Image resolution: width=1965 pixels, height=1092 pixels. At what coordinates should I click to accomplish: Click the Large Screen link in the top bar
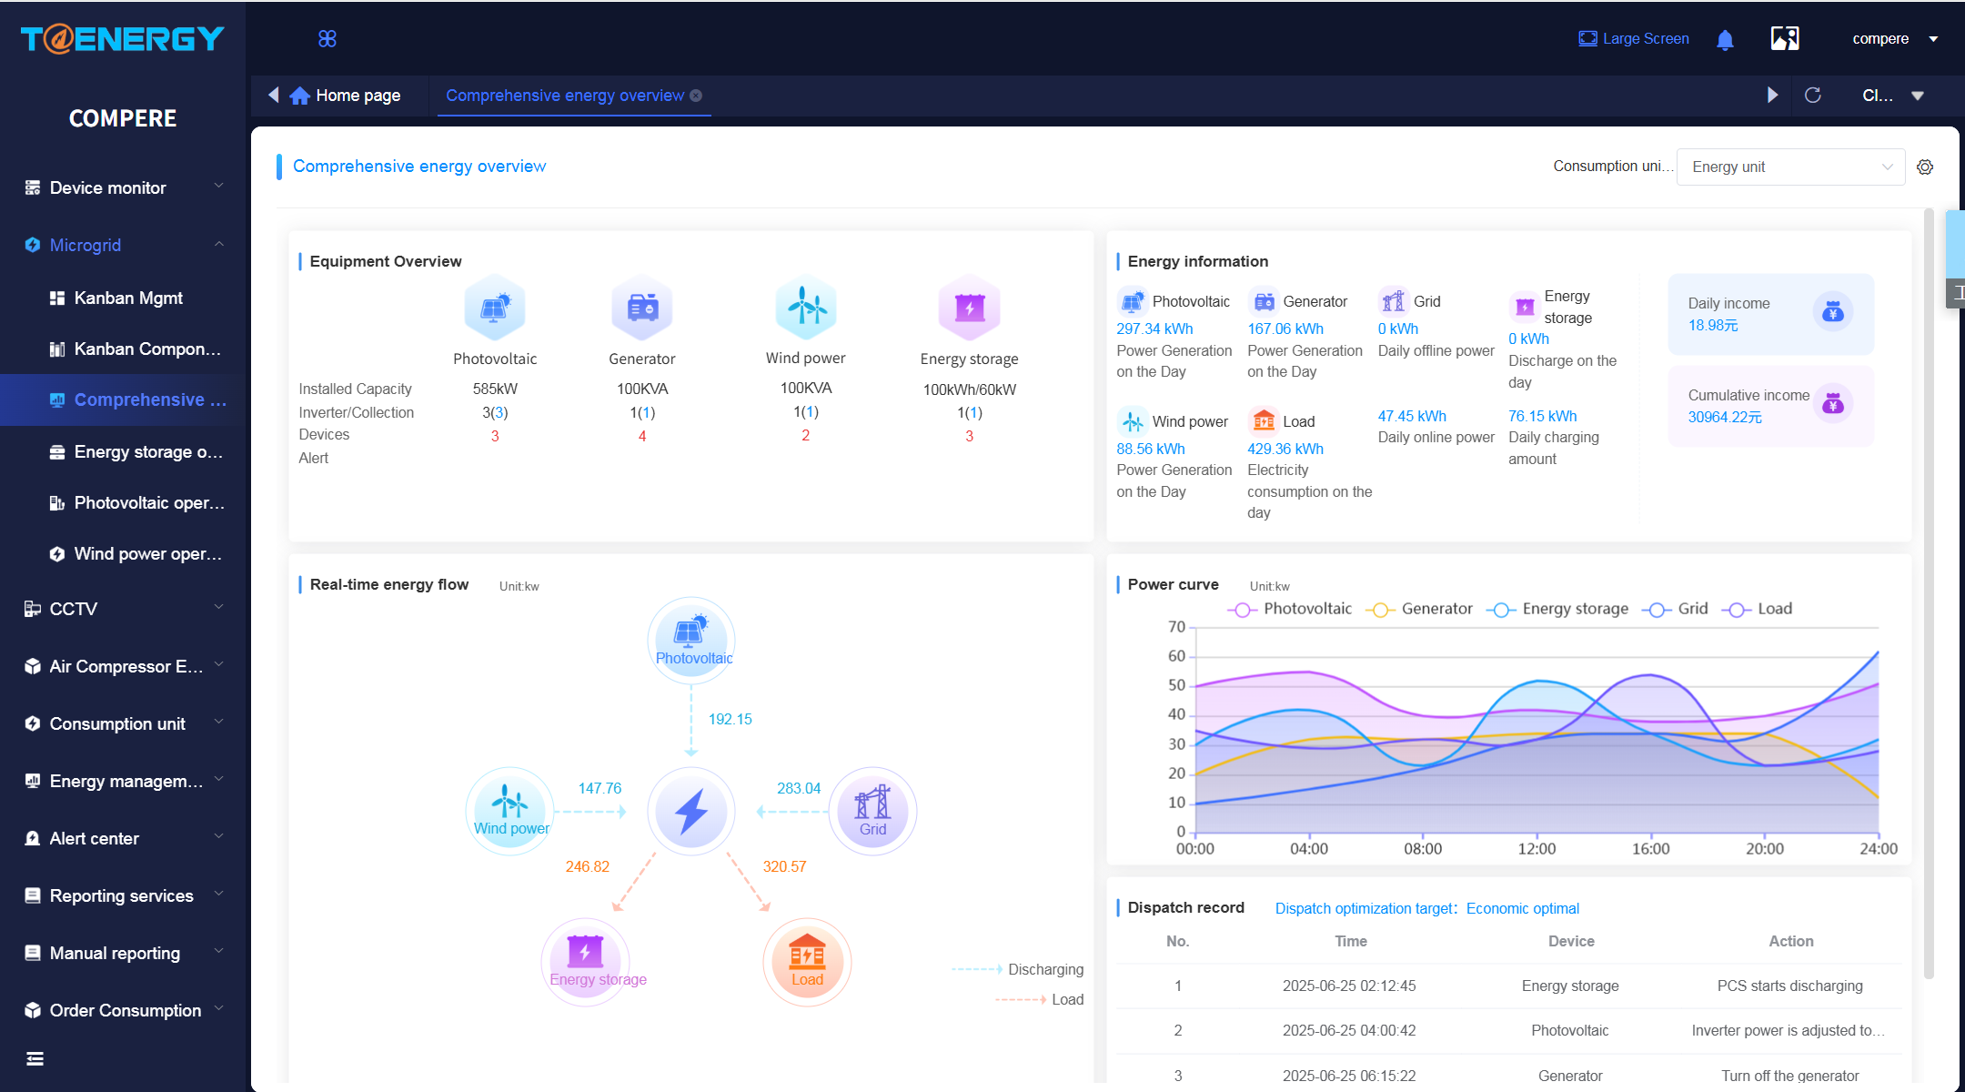pos(1634,38)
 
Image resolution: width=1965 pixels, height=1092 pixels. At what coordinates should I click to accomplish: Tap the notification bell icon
pos(1725,39)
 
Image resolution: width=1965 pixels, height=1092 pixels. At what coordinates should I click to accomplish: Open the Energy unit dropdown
pos(1790,167)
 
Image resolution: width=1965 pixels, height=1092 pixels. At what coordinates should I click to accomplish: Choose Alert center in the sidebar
pos(94,838)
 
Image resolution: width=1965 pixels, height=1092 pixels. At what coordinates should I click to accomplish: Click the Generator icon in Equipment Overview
pos(642,307)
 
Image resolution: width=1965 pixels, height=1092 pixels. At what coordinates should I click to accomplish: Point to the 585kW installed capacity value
pos(495,389)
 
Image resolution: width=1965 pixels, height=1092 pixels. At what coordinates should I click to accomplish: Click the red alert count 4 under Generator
pos(642,437)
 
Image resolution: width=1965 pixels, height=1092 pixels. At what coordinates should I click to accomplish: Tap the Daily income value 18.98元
pos(1713,326)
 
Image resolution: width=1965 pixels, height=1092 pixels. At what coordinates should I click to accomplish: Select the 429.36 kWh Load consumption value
pos(1285,449)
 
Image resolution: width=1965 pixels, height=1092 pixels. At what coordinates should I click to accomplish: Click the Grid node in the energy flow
pos(872,811)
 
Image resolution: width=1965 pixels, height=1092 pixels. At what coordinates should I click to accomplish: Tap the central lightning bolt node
pos(691,811)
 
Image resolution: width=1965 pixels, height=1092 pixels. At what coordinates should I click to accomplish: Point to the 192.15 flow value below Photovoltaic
pos(731,719)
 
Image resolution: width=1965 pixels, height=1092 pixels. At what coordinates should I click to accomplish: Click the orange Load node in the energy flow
pos(807,962)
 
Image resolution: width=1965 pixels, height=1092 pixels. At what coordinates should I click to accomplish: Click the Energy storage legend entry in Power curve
pos(1557,609)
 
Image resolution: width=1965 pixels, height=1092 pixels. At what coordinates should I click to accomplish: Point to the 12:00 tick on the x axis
pos(1537,848)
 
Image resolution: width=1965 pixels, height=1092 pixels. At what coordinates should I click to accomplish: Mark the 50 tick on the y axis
pos(1176,685)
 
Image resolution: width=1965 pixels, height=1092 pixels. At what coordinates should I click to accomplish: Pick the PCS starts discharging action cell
pos(1789,986)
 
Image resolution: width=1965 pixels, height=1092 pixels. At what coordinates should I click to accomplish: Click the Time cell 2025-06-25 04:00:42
pos(1349,1030)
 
